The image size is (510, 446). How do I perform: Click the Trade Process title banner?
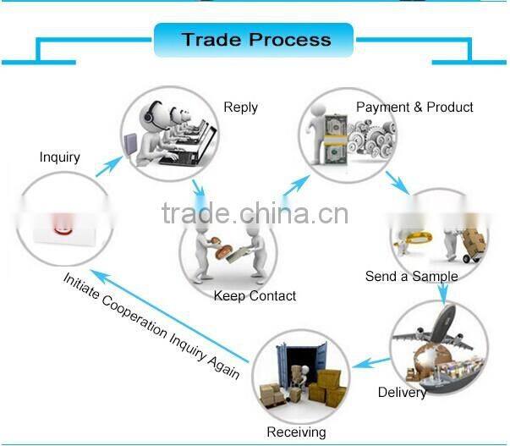click(255, 40)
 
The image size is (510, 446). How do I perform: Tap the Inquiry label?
click(59, 157)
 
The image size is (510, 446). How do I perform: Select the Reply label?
click(240, 107)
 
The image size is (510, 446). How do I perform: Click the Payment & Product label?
click(414, 107)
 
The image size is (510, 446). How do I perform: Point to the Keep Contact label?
click(255, 295)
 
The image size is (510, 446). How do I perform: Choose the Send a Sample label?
click(411, 276)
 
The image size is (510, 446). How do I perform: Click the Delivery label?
click(402, 393)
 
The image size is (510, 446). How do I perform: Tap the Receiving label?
click(296, 432)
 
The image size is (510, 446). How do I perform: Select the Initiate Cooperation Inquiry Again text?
click(152, 325)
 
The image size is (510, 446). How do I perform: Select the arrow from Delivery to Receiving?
click(370, 362)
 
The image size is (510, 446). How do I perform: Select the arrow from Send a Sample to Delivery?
click(441, 289)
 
